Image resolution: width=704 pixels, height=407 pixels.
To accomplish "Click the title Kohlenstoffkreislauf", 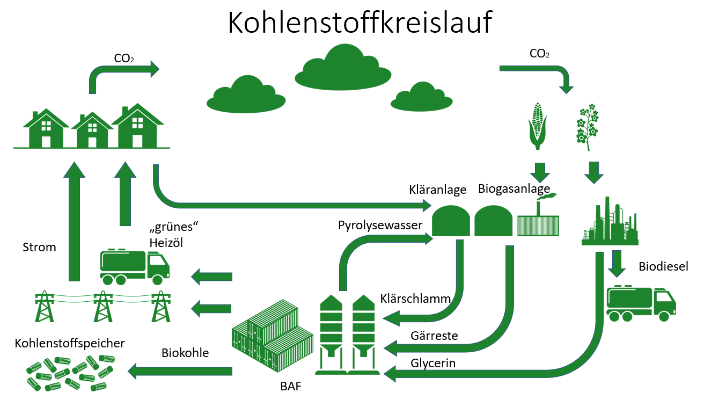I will tap(360, 23).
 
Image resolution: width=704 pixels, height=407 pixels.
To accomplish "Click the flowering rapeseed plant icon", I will tap(586, 128).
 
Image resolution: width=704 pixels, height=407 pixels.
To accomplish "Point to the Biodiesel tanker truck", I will tap(640, 303).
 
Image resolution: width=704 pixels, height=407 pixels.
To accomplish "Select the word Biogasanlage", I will tap(514, 189).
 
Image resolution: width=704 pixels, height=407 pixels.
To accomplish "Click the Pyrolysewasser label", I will tap(380, 226).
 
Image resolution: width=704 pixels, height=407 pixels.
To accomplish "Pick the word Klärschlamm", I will tap(415, 299).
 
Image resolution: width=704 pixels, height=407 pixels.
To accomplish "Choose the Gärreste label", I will tap(434, 336).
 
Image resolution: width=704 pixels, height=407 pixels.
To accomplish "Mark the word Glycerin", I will tap(433, 364).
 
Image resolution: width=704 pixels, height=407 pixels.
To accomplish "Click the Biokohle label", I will tap(185, 353).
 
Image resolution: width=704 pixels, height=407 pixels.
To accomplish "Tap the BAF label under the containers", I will tap(291, 386).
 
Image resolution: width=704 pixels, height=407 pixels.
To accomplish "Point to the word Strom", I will tap(39, 248).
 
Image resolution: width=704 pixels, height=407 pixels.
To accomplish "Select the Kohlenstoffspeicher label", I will tap(70, 343).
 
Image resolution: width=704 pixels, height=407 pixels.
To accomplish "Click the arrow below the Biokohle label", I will tap(180, 370).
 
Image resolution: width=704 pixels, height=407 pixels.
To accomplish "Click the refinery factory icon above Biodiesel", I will tap(610, 223).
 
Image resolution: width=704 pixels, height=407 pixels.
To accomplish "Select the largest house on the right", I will tap(137, 127).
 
